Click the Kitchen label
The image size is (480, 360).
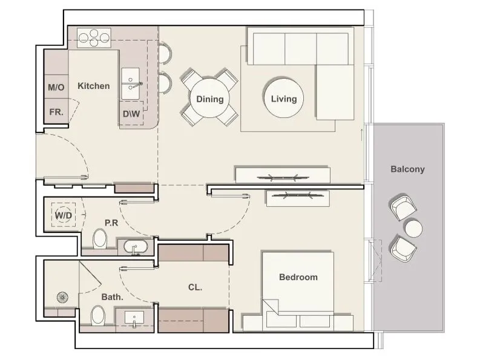point(94,86)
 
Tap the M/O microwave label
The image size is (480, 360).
point(56,88)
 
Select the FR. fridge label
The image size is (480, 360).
point(56,112)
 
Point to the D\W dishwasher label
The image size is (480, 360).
point(131,114)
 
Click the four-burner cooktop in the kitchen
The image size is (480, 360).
point(94,38)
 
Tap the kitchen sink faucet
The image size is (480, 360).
point(137,85)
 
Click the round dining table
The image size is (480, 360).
point(210,99)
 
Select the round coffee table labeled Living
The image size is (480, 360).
point(284,98)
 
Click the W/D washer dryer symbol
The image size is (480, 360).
point(64,215)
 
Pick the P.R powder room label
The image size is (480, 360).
point(111,223)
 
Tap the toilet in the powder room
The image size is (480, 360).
point(100,239)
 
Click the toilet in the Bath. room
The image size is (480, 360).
point(98,315)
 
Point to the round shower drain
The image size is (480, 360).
point(62,297)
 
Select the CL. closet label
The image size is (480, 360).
point(195,287)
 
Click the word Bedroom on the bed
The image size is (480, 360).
point(298,277)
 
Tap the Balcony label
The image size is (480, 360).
point(407,169)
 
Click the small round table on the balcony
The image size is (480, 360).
point(413,229)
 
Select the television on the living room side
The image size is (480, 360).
point(283,177)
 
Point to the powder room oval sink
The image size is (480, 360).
point(136,246)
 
